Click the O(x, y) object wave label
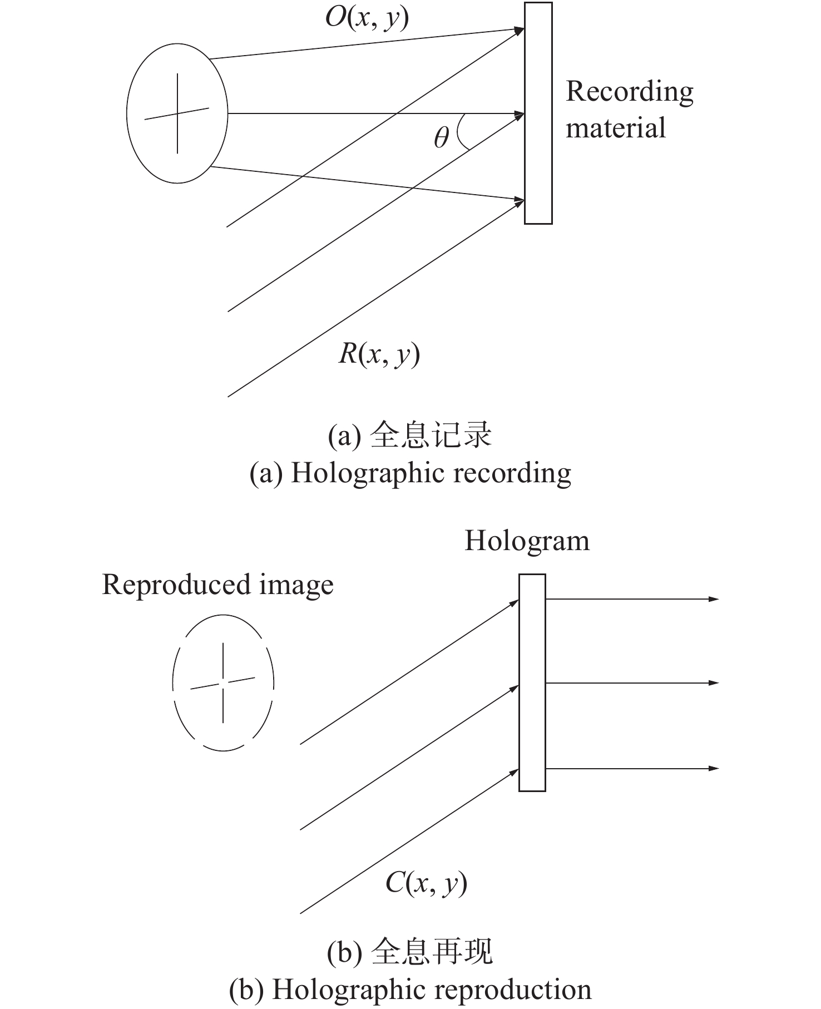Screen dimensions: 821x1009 [367, 19]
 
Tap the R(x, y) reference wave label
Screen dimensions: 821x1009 [379, 354]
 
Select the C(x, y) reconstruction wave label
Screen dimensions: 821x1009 [426, 883]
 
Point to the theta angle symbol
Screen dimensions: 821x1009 [441, 137]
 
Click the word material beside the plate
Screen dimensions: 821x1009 [616, 128]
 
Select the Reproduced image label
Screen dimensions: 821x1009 [217, 586]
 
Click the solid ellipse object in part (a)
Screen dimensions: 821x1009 [127, 113]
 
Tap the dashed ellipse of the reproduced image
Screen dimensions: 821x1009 [172, 683]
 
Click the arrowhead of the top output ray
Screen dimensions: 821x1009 [714, 599]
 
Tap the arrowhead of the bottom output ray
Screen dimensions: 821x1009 [714, 768]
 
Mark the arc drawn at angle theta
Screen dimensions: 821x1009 [459, 132]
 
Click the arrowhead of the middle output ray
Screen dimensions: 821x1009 [714, 682]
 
